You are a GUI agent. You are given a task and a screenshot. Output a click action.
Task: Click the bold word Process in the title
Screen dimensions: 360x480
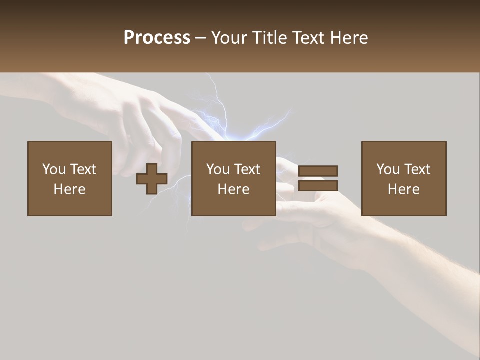(x=157, y=37)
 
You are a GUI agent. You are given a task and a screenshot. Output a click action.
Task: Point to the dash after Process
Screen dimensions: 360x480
(x=201, y=38)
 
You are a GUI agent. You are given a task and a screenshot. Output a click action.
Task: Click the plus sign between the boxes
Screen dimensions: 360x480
(x=152, y=179)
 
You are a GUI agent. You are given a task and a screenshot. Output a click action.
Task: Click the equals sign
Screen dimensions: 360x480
(x=318, y=178)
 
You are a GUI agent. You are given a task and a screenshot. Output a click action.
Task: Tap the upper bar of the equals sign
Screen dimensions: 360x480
(x=318, y=171)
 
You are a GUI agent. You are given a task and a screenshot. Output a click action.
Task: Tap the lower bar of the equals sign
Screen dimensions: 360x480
(x=318, y=186)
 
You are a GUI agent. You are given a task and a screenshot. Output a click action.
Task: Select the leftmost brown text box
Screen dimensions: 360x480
(x=70, y=178)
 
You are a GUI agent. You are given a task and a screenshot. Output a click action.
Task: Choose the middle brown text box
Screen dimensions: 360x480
(x=234, y=178)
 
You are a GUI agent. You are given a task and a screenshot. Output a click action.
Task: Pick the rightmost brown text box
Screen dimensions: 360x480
(x=404, y=178)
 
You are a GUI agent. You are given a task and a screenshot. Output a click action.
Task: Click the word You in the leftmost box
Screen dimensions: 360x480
(x=54, y=169)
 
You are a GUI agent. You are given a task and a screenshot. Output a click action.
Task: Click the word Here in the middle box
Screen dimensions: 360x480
(x=234, y=189)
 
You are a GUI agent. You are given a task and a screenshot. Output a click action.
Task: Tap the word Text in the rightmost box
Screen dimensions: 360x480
(x=417, y=169)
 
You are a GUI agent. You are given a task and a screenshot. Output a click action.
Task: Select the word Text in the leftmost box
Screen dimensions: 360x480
(x=83, y=169)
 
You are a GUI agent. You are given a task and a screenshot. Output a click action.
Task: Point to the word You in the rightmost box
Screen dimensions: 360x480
(x=388, y=169)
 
